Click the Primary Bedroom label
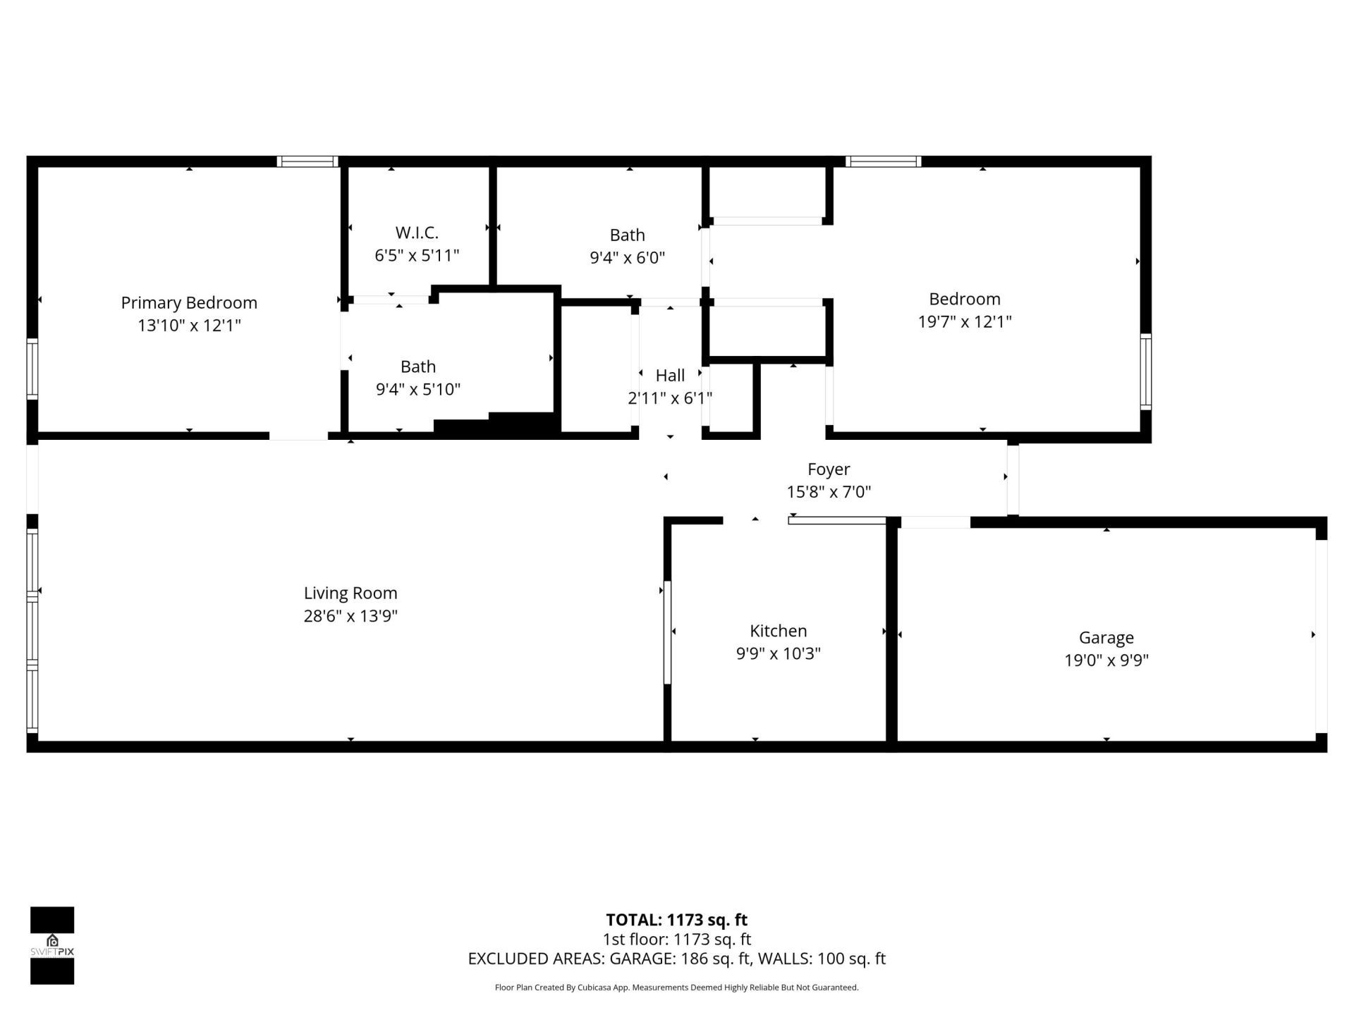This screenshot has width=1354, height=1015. pyautogui.click(x=189, y=302)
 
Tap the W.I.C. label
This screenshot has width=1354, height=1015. pyautogui.click(x=417, y=232)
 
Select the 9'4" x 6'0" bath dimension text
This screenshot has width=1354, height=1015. pyautogui.click(x=627, y=257)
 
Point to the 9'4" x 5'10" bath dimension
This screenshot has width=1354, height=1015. pyautogui.click(x=418, y=389)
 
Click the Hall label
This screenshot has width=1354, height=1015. pyautogui.click(x=670, y=375)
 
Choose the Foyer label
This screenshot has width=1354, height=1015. pyautogui.click(x=829, y=469)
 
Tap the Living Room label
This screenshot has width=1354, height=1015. pyautogui.click(x=350, y=593)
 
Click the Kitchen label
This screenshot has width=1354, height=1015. pyautogui.click(x=778, y=631)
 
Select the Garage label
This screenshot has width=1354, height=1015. pyautogui.click(x=1106, y=637)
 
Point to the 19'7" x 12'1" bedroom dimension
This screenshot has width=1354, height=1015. pyautogui.click(x=964, y=321)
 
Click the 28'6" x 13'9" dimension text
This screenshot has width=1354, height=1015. pyautogui.click(x=350, y=615)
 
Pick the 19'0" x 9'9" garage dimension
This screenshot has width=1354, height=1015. pyautogui.click(x=1106, y=660)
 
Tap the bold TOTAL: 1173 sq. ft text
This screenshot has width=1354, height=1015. pyautogui.click(x=676, y=920)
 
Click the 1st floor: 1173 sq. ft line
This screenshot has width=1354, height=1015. pyautogui.click(x=676, y=939)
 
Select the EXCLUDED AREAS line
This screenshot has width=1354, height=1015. pyautogui.click(x=676, y=959)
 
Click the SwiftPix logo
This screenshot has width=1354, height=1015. pyautogui.click(x=52, y=945)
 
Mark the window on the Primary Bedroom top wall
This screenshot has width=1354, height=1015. pyautogui.click(x=307, y=161)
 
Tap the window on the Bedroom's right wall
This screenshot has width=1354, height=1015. pyautogui.click(x=1146, y=372)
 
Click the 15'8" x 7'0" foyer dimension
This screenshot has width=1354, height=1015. pyautogui.click(x=829, y=491)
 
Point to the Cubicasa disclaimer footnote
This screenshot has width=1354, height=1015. pyautogui.click(x=676, y=988)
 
